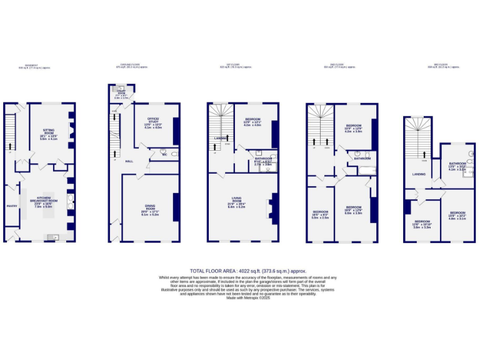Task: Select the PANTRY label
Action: pos(11,206)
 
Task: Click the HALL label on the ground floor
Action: pos(129,161)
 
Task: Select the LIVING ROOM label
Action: pos(236,202)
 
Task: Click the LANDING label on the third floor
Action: pos(419,174)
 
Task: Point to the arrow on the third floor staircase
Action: pos(424,153)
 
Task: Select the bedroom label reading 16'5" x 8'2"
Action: pos(320,214)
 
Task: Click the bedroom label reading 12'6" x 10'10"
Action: pos(422,224)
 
